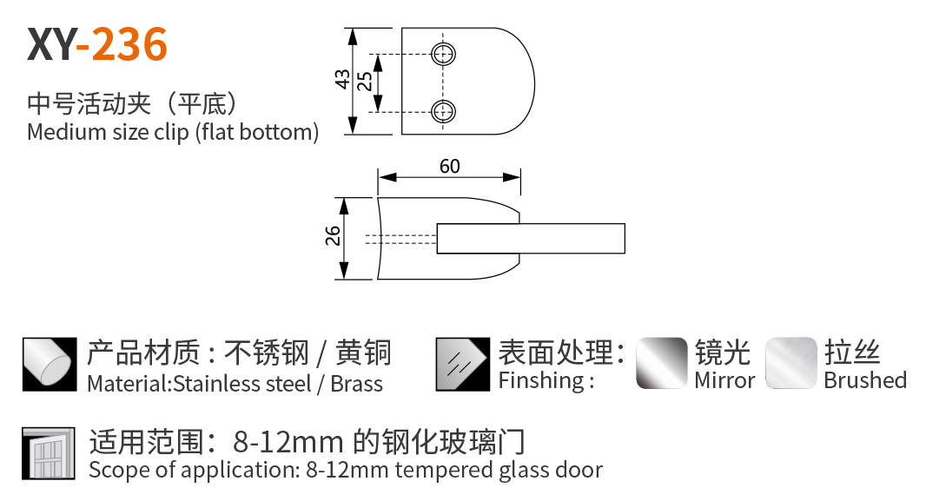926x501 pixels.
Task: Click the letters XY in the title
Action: [x=51, y=44]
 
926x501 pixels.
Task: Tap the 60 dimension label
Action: [x=449, y=166]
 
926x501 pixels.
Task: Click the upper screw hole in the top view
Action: [x=445, y=54]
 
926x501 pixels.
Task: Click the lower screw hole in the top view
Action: [x=445, y=110]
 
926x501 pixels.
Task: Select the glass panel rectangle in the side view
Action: [x=530, y=239]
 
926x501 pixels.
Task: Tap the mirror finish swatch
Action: [x=662, y=363]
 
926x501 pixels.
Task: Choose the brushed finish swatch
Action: [x=790, y=363]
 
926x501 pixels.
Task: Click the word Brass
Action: [x=356, y=383]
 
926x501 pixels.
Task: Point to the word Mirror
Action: [x=724, y=380]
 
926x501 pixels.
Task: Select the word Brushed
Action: [x=864, y=380]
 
